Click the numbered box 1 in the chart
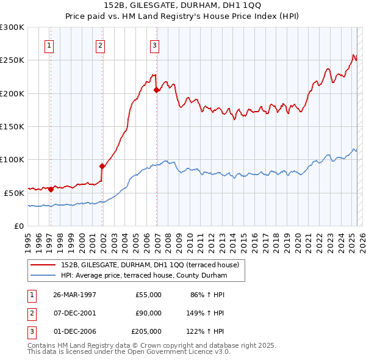[x=49, y=45]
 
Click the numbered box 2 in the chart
[x=99, y=45]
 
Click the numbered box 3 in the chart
[x=155, y=45]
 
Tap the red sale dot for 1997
[x=51, y=189]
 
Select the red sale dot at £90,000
[x=102, y=165]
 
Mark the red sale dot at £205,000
[x=156, y=90]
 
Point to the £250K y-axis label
[x=13, y=60]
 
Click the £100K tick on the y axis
[x=13, y=159]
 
